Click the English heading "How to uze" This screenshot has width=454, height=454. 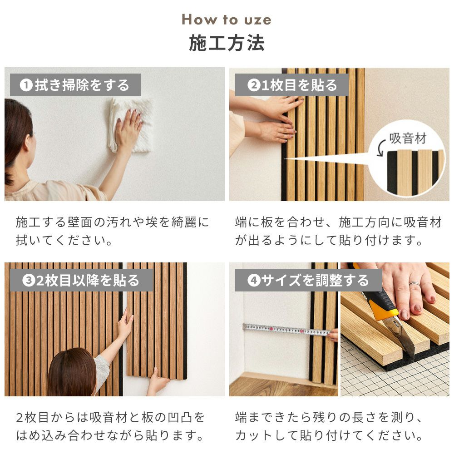[x=227, y=20]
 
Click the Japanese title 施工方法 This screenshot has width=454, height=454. [x=227, y=43]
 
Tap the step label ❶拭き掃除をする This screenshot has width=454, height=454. [x=75, y=85]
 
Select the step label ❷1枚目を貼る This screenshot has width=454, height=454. [x=292, y=85]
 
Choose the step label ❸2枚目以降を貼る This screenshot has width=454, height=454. [x=81, y=280]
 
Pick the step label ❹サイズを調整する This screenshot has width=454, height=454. [x=308, y=280]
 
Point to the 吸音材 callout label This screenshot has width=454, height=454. [x=408, y=138]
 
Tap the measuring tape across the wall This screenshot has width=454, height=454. [x=286, y=330]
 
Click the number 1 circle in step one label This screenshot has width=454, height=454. [x=26, y=85]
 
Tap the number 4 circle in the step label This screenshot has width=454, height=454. [x=254, y=280]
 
